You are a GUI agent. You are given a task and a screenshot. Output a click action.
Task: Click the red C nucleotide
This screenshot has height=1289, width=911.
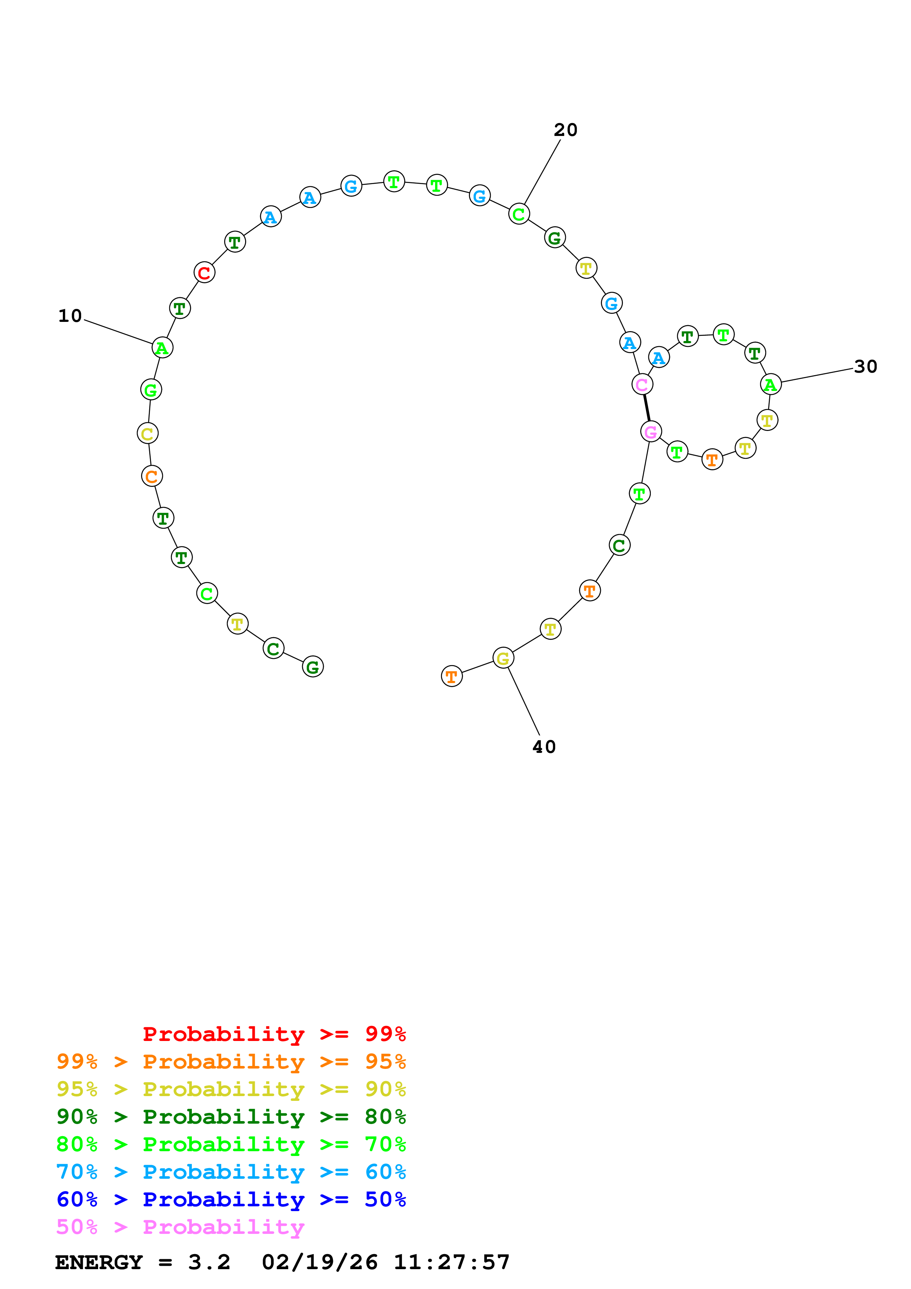coord(204,273)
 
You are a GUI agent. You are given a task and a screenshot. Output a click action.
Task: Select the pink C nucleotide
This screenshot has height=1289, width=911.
coord(642,385)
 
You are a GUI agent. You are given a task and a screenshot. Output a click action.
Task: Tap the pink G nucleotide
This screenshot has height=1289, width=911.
coord(650,432)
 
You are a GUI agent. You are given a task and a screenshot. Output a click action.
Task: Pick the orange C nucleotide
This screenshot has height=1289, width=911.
coord(151,477)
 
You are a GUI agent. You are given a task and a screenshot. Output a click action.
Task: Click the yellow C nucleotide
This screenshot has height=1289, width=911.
coord(148,434)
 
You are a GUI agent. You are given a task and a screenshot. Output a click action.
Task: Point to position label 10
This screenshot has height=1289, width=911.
coord(70,316)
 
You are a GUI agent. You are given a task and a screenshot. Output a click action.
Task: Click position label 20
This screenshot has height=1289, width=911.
coord(565,130)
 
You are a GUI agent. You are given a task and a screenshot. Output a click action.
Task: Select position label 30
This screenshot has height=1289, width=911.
coord(865,367)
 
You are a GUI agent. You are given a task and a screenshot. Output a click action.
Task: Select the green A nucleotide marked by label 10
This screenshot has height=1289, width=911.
coord(162,348)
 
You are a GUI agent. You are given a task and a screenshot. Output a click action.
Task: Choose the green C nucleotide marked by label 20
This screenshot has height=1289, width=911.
coord(519,214)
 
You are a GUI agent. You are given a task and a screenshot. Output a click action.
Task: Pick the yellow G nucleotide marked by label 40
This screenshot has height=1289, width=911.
coord(503,658)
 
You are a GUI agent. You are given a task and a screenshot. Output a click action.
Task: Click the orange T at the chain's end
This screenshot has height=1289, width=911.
coord(451,676)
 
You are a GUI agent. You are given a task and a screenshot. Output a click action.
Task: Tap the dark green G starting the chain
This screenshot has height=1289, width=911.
coord(313,667)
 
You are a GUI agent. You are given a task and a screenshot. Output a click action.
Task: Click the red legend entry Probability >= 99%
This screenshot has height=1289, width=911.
coord(274,1034)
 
